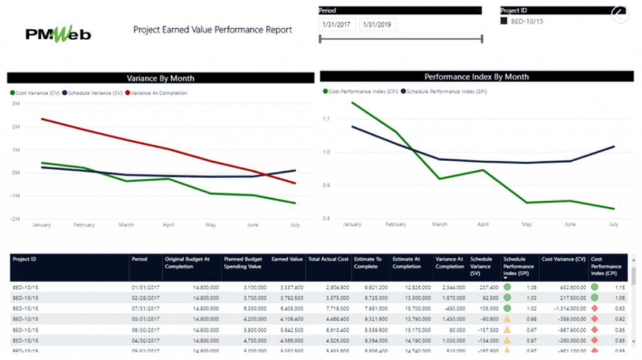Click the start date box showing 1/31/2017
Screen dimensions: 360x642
337,25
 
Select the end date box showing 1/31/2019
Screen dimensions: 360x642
377,25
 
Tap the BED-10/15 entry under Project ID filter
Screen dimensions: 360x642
526,21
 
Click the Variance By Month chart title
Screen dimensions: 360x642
160,78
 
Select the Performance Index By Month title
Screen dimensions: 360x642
476,77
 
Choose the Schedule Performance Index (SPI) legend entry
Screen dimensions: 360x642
446,91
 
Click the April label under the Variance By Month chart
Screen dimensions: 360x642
168,225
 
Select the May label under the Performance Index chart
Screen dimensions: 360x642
527,224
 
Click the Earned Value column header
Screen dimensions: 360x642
287,259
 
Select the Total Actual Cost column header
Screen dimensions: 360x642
328,259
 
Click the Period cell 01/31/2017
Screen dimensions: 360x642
143,287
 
